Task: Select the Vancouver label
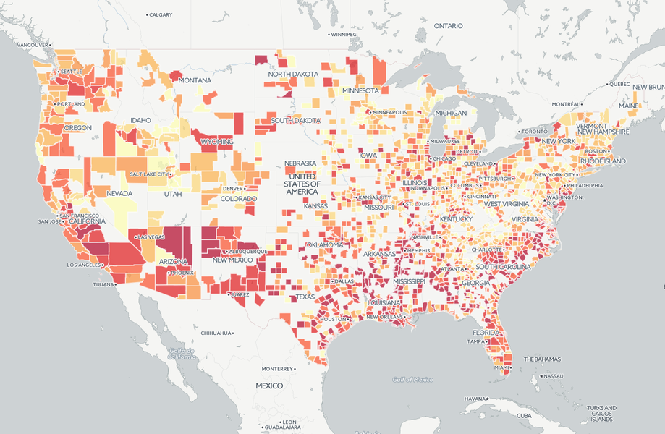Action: coord(32,45)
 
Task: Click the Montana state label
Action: coord(195,80)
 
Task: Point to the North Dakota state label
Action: coord(293,74)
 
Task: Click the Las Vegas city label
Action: coord(151,237)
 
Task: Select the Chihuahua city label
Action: coord(216,333)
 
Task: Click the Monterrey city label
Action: coord(276,368)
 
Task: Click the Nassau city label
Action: coord(553,376)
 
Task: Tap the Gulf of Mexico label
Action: coord(413,379)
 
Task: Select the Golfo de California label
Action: coord(182,354)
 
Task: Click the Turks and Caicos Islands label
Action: coord(602,413)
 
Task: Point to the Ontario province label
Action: coord(448,25)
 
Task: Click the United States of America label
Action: coord(302,184)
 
